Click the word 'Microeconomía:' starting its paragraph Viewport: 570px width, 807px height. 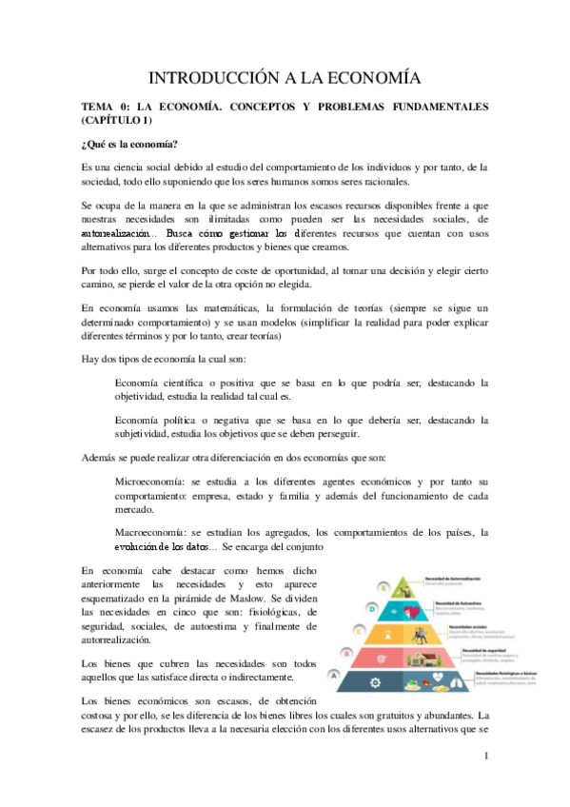tap(150, 481)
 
